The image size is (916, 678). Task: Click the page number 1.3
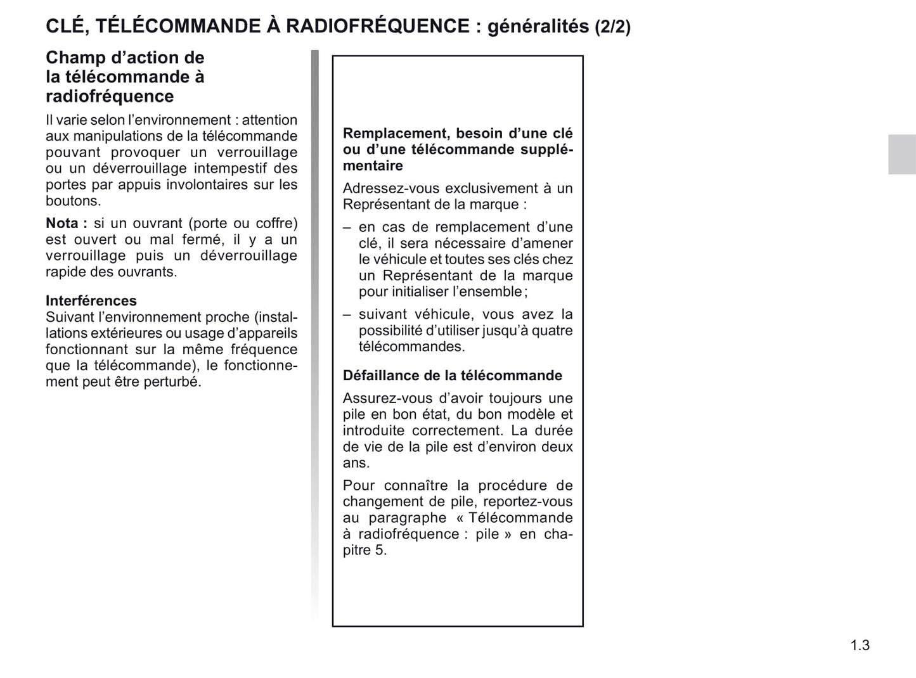(860, 645)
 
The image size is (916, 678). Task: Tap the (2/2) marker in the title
(612, 27)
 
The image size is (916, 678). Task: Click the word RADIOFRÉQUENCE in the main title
(378, 26)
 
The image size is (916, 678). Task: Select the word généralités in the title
(538, 27)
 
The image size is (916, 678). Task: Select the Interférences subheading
(91, 300)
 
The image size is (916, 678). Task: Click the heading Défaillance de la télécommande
(452, 375)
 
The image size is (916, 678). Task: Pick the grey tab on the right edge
(901, 154)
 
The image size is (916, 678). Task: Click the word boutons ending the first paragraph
(72, 201)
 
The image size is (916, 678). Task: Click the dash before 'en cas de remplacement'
(347, 227)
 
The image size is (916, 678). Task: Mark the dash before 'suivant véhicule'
(347, 314)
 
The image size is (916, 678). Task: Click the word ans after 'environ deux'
(356, 463)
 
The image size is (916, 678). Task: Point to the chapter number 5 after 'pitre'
(380, 549)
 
